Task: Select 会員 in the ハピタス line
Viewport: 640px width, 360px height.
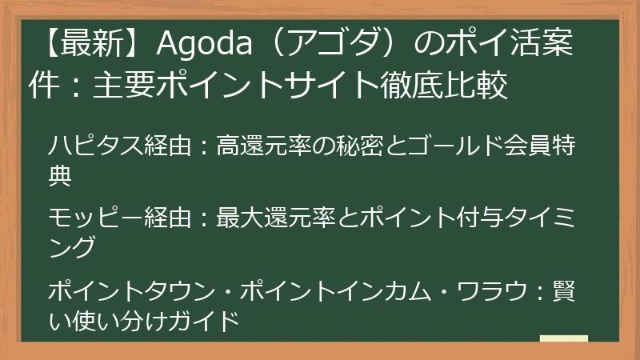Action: pyautogui.click(x=533, y=147)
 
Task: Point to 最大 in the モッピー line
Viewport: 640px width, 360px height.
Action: pyautogui.click(x=242, y=217)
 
